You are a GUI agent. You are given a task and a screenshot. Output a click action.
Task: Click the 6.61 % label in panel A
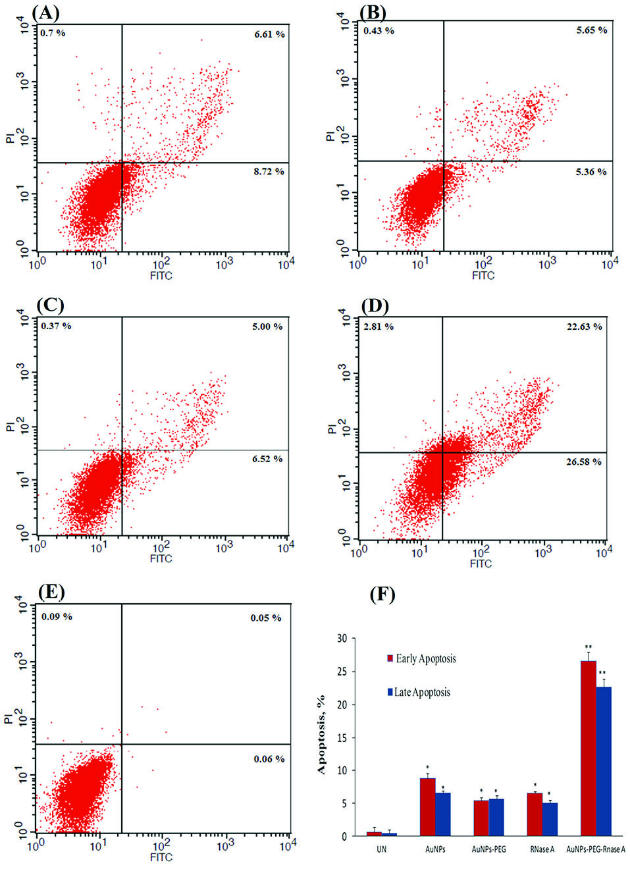point(269,34)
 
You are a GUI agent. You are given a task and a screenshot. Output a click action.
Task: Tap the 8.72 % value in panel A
point(269,171)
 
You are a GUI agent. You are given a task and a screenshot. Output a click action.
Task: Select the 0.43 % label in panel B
point(379,30)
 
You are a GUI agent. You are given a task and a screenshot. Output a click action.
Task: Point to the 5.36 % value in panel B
point(591,172)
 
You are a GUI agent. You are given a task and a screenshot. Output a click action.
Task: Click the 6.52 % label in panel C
point(267,459)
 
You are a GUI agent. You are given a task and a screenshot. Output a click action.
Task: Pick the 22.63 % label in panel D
point(584,327)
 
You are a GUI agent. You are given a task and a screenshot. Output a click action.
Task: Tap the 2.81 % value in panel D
point(379,327)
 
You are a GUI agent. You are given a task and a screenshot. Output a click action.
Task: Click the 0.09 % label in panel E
point(57,617)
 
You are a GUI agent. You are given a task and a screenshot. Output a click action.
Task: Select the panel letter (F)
point(382,595)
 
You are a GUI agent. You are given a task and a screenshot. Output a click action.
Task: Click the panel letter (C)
point(50,305)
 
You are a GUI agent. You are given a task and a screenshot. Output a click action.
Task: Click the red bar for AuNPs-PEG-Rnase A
point(588,749)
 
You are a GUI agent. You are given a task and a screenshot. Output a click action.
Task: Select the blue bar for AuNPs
point(443,814)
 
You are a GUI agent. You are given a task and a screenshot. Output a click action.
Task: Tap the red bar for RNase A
point(535,814)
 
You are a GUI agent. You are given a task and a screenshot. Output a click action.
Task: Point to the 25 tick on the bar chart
point(342,672)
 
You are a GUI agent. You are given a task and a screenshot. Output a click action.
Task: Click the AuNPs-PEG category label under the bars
point(488,849)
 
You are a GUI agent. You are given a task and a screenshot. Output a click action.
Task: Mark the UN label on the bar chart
point(381,849)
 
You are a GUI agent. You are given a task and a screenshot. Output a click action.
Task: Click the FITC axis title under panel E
point(161,857)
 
